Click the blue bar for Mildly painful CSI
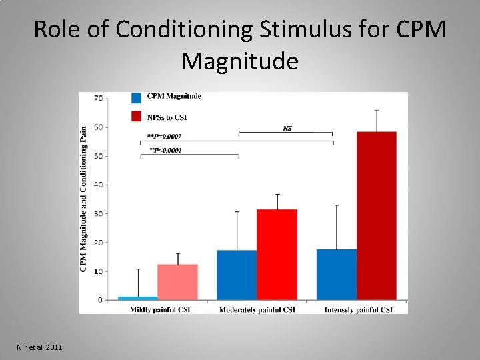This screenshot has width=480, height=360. click(139, 298)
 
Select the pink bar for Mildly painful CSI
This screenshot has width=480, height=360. click(177, 282)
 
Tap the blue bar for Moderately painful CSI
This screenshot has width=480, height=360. click(237, 275)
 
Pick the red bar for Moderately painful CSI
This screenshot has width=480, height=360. click(277, 255)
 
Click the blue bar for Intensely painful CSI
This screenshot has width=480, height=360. click(337, 275)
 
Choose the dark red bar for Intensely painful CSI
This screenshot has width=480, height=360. click(376, 216)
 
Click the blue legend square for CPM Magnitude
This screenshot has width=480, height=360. click(136, 97)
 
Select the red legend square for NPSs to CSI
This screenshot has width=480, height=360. click(136, 117)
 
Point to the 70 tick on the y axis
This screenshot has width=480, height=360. click(98, 99)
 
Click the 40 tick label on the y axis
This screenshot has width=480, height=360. click(98, 185)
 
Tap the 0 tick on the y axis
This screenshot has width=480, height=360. click(100, 300)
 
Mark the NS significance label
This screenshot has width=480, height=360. click(287, 127)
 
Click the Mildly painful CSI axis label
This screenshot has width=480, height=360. click(160, 310)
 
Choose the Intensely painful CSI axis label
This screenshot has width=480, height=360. click(358, 310)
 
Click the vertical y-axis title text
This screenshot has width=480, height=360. click(84, 200)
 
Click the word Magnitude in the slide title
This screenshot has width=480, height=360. click(239, 61)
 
